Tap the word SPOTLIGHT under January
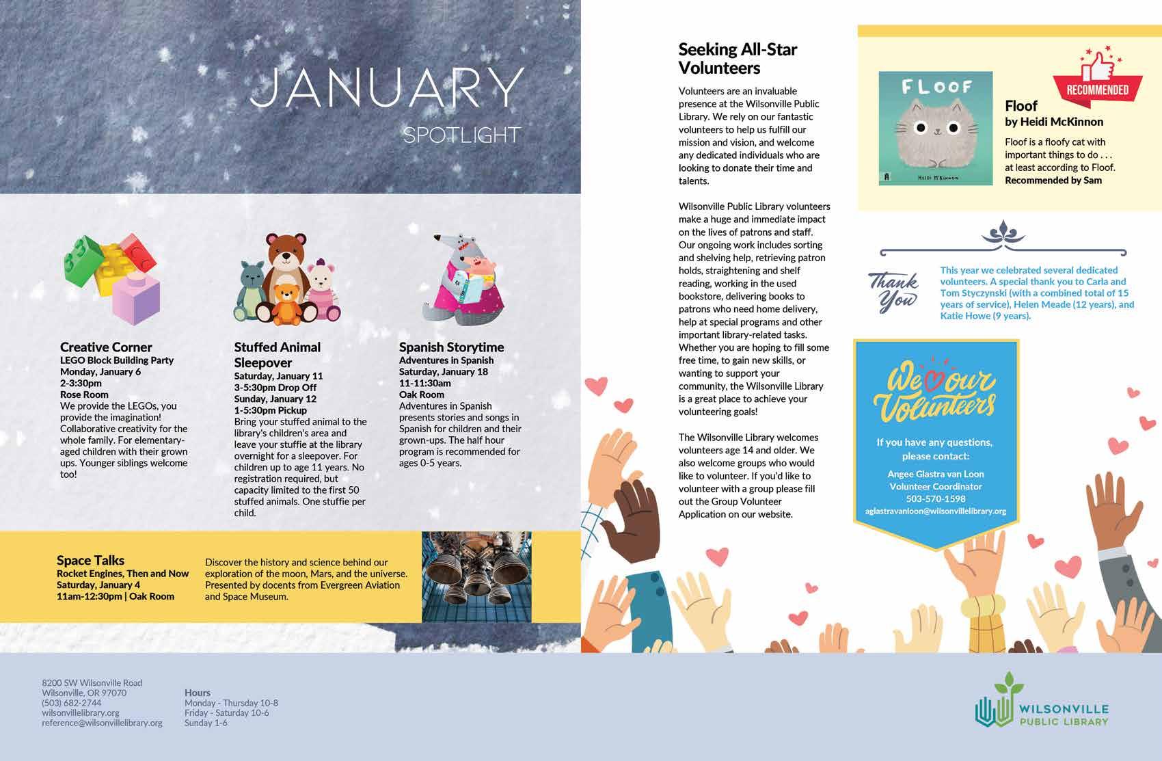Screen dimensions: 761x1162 (461, 135)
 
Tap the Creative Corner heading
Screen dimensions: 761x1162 (106, 347)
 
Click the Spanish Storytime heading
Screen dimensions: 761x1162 (451, 347)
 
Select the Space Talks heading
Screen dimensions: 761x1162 (90, 560)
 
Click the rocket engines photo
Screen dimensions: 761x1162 (476, 576)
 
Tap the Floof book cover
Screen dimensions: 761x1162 (935, 128)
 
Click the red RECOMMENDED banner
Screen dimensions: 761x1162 (1097, 90)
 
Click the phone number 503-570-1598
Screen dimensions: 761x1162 (935, 498)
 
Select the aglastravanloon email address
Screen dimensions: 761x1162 (935, 511)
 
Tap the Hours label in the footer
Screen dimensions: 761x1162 (197, 693)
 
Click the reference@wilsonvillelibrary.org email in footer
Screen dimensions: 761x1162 (102, 723)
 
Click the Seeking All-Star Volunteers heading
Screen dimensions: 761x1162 (737, 58)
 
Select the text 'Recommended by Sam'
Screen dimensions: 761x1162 (1053, 181)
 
